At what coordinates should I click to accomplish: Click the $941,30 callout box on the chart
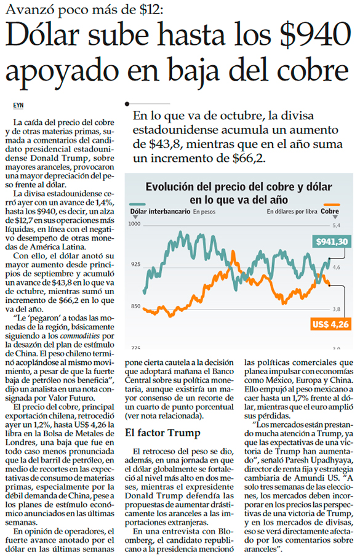[332, 242]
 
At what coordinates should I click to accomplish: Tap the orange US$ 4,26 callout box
[330, 324]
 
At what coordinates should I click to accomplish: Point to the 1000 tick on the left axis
[135, 224]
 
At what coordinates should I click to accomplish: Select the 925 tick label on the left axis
[136, 265]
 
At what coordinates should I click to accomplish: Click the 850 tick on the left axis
[136, 306]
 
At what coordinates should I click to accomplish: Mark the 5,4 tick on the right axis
[337, 225]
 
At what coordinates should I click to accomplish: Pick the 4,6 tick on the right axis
[337, 267]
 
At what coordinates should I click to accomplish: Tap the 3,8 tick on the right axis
[337, 310]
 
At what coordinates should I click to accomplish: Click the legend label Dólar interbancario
[160, 212]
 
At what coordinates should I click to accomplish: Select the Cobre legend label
[330, 211]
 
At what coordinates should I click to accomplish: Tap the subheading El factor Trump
[162, 433]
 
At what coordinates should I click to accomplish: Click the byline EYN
[18, 105]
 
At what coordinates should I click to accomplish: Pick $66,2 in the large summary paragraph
[249, 158]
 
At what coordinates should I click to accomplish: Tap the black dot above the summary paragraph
[127, 104]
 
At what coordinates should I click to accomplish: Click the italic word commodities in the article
[80, 336]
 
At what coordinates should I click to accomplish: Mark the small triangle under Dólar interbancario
[135, 217]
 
